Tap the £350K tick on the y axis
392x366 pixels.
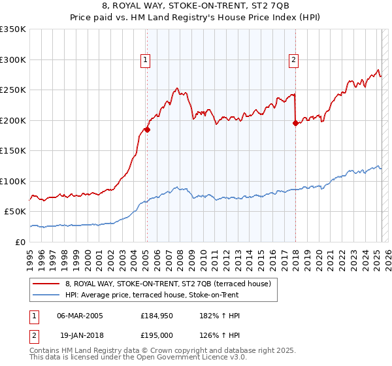13,29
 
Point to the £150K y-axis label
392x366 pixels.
13,150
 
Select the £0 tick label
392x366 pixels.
22,242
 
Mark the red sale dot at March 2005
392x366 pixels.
147,129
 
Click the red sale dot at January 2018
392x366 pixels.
295,123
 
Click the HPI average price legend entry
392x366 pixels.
152,295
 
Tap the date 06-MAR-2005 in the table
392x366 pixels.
80,315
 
